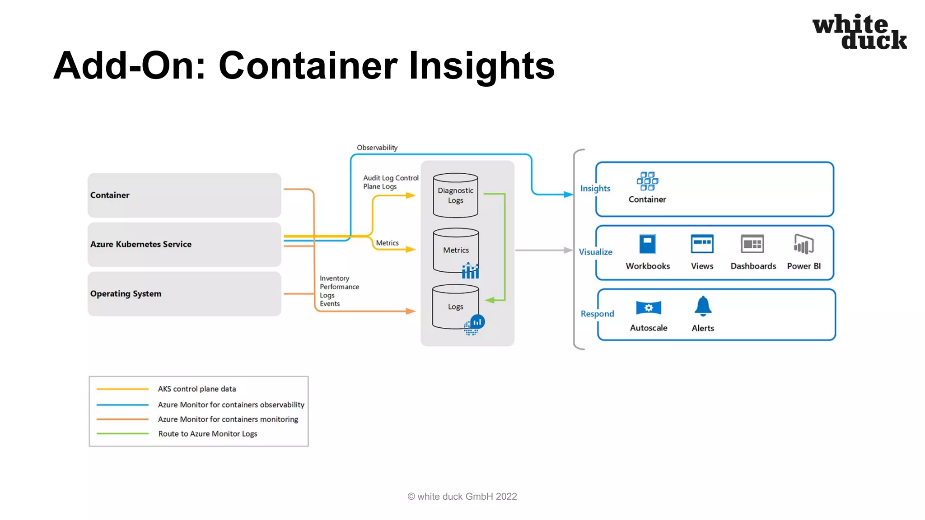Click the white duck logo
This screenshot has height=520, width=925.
859,32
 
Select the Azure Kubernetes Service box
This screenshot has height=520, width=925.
184,244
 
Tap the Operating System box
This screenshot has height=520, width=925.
184,293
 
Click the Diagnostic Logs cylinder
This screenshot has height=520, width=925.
455,195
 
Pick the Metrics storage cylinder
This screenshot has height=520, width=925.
455,250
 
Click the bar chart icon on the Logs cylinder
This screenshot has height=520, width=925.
477,322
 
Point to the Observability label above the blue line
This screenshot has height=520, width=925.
377,148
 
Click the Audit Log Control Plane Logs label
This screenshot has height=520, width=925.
390,182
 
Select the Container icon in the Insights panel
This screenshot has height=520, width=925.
647,181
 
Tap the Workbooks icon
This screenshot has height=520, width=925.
647,244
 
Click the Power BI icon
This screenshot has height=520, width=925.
804,244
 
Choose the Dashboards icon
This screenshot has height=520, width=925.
752,244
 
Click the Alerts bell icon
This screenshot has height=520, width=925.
703,306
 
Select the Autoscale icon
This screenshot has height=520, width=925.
648,308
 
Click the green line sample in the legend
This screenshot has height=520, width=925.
122,434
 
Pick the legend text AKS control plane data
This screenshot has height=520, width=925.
197,389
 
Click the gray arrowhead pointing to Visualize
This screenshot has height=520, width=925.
568,250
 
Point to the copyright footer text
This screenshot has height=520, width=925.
462,497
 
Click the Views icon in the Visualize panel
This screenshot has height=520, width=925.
702,244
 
